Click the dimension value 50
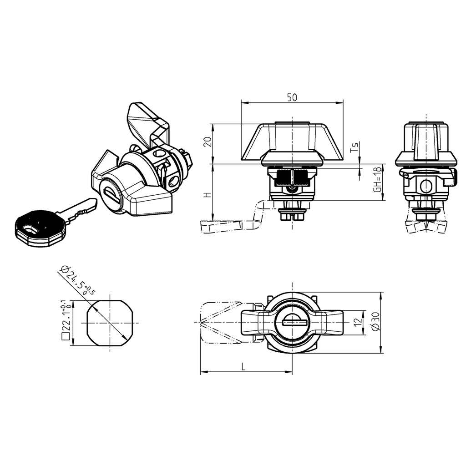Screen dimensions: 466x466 [x=292, y=97]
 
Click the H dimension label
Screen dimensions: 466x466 [x=208, y=195]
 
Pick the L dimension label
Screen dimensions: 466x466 [x=244, y=367]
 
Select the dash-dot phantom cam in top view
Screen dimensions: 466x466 [x=218, y=323]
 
